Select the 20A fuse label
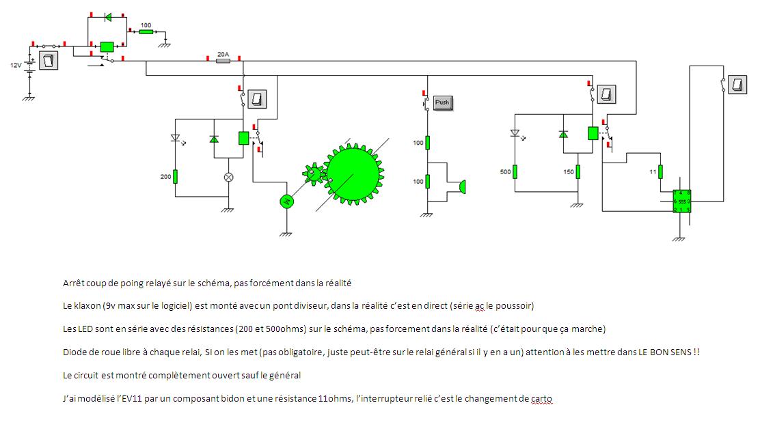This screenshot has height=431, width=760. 222,53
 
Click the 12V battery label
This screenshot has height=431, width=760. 15,65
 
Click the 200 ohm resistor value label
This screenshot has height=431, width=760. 165,176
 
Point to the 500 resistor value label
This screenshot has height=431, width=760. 505,172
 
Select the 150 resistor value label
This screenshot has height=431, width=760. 568,172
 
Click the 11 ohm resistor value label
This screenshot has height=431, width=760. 651,172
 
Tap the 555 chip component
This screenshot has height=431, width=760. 681,202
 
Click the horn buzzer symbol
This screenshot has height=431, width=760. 461,186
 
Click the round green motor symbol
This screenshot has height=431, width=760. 287,201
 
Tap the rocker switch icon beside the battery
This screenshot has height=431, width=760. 48,60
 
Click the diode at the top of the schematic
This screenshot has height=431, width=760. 107,17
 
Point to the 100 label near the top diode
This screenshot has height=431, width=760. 146,25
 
